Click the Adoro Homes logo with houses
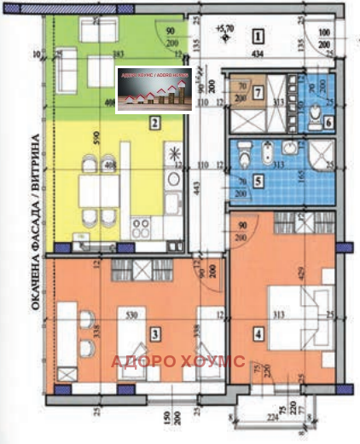pyautogui.click(x=154, y=88)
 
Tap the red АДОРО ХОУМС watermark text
pyautogui.click(x=178, y=361)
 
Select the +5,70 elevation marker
pyautogui.click(x=225, y=28)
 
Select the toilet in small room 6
pyautogui.click(x=316, y=112)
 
